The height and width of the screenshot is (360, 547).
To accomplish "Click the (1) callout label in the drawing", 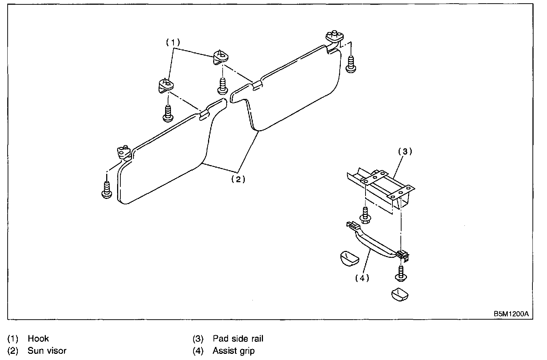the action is point(173,43).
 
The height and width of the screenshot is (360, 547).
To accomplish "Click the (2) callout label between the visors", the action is point(238,180).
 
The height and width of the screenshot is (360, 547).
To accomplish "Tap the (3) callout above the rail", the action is point(405,152).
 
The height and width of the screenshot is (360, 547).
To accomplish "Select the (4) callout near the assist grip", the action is point(362,278).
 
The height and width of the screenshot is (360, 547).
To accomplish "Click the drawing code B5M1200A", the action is point(511,314).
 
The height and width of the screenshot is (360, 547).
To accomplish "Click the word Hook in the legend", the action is point(38,339).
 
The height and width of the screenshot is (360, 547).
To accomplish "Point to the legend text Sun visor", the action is point(47,351).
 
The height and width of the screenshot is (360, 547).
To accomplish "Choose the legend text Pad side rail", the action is point(238,339).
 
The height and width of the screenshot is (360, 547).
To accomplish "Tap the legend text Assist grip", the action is point(234,351).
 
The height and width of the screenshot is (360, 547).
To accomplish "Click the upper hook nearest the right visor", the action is point(221,57).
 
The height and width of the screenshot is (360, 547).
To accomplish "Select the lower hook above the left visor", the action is point(166,86).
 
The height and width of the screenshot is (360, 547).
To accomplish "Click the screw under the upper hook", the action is point(223,86).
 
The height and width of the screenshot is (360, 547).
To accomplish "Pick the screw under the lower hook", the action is point(168,113).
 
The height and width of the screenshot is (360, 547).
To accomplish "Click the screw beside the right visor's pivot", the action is point(351,64).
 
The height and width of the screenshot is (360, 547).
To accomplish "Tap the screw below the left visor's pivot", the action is point(107,190).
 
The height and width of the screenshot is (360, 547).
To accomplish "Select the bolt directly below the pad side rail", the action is point(365,215).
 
